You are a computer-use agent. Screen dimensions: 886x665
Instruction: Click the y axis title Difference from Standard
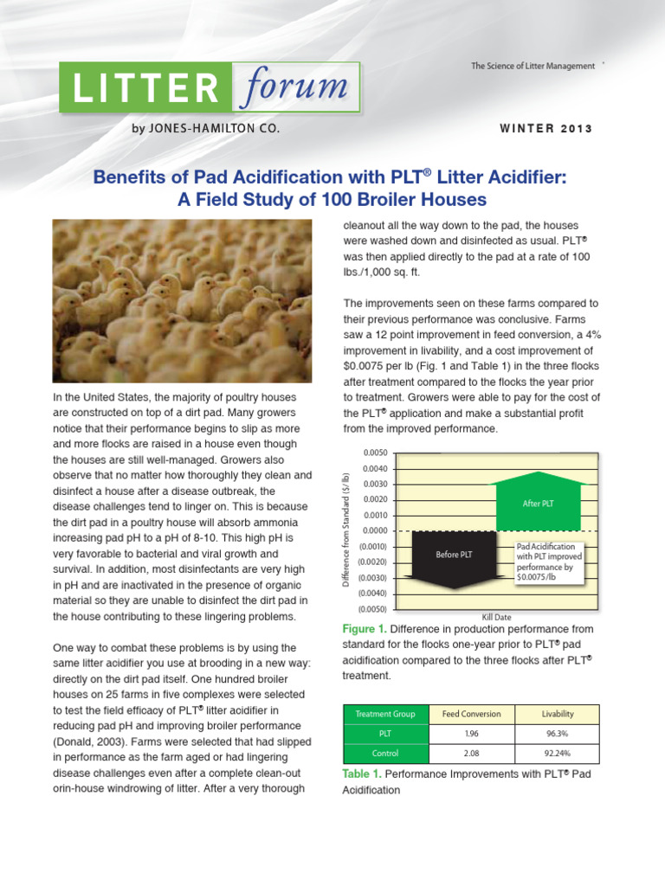tap(345, 531)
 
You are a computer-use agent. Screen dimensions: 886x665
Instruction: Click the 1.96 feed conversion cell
tap(471, 734)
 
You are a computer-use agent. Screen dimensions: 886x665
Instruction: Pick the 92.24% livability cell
tap(557, 754)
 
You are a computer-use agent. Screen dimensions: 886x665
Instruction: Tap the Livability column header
tap(557, 714)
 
